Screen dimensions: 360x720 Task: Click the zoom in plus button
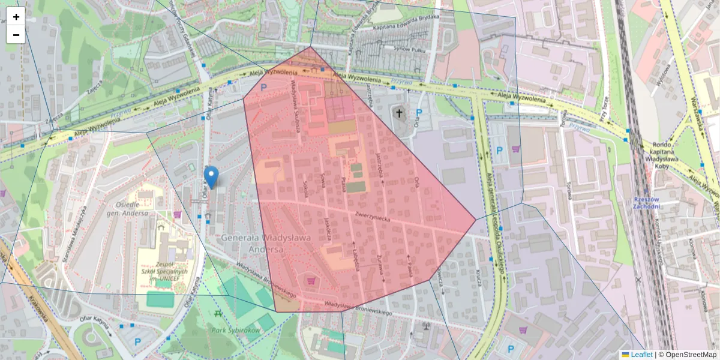tap(16, 17)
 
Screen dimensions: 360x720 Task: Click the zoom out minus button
tap(16, 35)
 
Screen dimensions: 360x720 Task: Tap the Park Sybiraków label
tap(236, 330)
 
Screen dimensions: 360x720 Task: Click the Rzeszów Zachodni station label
tap(647, 203)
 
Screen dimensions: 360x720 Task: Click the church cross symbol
tap(399, 112)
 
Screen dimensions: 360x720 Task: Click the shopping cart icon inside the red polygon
tap(311, 280)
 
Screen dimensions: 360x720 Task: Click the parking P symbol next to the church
tap(419, 112)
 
